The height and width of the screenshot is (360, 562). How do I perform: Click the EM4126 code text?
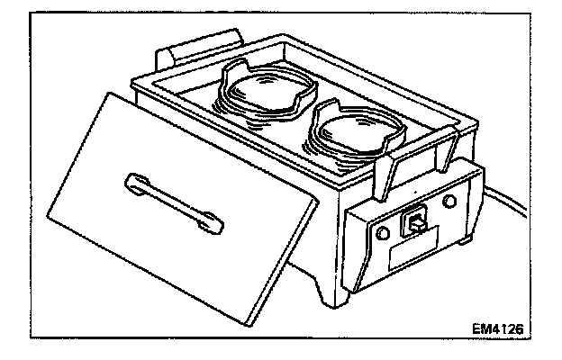[495, 329]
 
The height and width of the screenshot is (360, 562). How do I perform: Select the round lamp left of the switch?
[383, 232]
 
